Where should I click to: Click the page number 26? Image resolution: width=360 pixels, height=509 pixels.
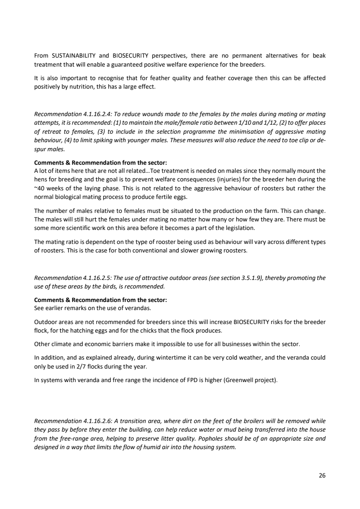coord(322,475)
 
